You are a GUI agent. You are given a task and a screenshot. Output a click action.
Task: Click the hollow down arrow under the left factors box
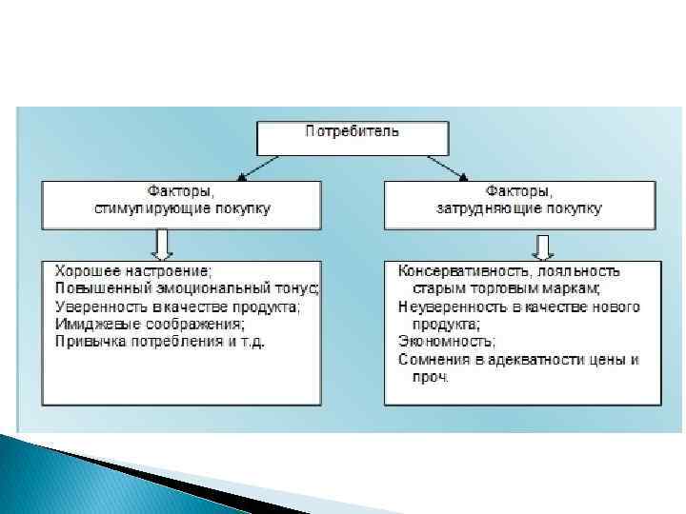162,244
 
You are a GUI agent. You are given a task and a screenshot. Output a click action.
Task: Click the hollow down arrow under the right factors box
544,246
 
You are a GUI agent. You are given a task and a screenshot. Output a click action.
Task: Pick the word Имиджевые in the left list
91,323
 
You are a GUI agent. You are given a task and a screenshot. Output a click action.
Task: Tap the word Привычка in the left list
88,341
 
